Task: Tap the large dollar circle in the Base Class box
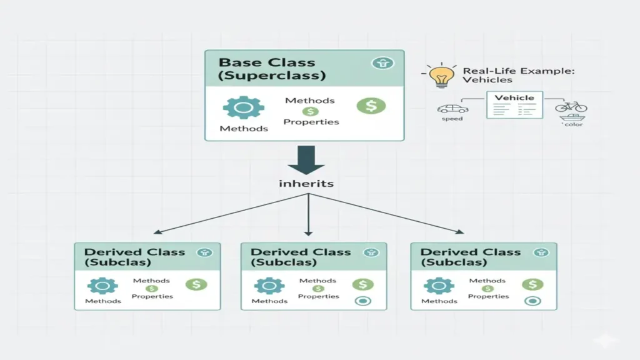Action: [371, 106]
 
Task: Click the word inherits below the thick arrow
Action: [306, 184]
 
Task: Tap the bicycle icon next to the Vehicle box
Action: [571, 107]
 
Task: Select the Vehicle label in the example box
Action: [514, 98]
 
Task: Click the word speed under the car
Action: [452, 119]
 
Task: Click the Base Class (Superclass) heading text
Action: [272, 69]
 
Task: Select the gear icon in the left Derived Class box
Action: [102, 286]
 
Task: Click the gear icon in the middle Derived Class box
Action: [269, 286]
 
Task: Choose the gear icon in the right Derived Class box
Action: [439, 286]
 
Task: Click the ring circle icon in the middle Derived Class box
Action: [362, 301]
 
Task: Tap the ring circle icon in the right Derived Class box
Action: [532, 301]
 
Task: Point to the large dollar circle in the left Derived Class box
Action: [196, 284]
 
